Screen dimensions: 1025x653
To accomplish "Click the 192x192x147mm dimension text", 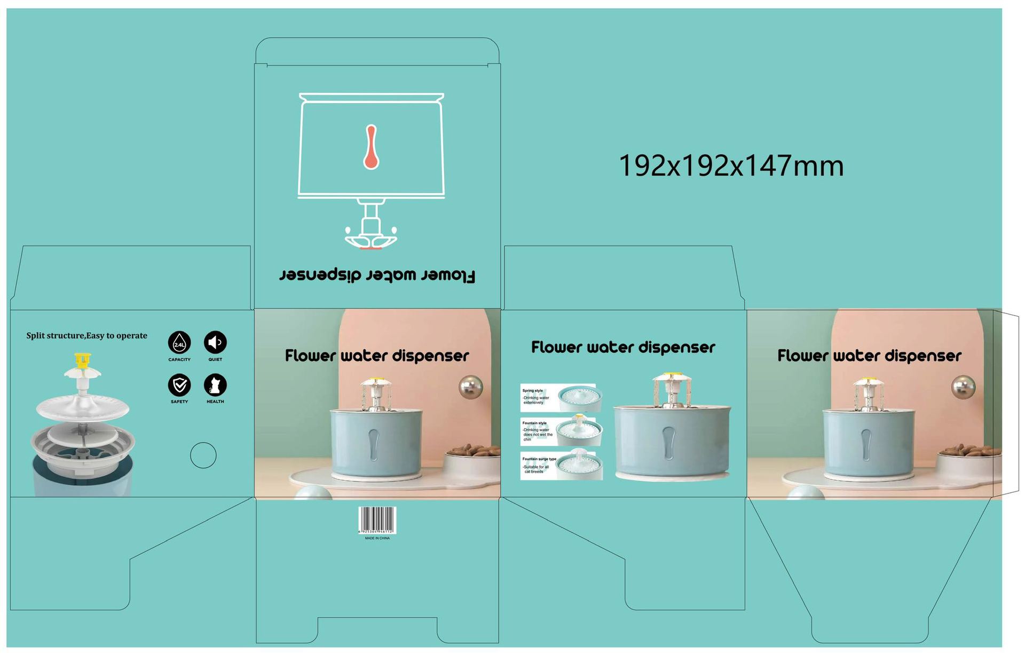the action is point(731,166).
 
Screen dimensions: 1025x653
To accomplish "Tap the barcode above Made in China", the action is point(377,520).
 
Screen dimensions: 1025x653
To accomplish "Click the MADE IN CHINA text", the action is point(377,538).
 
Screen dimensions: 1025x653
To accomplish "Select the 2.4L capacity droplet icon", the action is point(179,343).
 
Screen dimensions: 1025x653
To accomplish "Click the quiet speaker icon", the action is point(215,342).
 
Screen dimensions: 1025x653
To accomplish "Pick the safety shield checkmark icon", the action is point(179,384).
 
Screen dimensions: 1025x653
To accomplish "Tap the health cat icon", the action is point(215,385).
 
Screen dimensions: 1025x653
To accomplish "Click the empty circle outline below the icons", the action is point(203,455).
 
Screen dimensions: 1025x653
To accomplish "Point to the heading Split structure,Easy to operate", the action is point(87,336).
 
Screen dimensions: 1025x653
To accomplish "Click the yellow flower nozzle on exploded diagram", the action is point(82,360).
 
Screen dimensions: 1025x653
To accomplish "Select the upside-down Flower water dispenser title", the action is point(377,275).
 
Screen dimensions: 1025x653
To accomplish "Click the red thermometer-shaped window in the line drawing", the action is point(371,147).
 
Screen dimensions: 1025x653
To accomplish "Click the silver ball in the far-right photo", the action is point(963,387).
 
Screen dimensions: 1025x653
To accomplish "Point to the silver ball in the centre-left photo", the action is point(470,387).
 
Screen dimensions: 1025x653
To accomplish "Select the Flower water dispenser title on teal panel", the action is point(623,348).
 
